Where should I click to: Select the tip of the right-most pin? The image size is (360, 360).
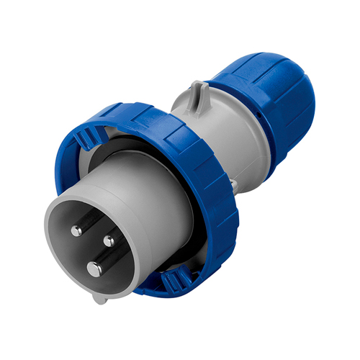pos(109,241)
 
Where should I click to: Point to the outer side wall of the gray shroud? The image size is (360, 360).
pos(151,209)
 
